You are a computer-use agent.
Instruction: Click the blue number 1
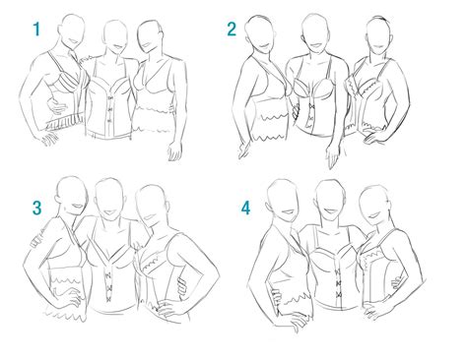click(x=36, y=30)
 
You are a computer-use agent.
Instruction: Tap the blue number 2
click(x=232, y=29)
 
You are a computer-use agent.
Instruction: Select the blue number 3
click(x=36, y=208)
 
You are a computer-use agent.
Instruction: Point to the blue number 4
click(x=245, y=208)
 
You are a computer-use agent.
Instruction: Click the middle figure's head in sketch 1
click(x=115, y=34)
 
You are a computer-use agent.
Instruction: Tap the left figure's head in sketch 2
click(x=259, y=32)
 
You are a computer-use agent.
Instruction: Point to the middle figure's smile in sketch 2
click(x=317, y=45)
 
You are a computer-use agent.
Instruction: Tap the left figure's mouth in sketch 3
click(x=78, y=207)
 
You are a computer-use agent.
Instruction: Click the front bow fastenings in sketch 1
click(x=110, y=109)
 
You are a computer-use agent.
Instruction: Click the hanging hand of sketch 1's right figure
click(x=174, y=150)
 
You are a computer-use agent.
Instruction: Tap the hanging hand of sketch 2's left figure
click(x=243, y=150)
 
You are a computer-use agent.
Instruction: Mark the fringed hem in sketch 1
click(x=65, y=122)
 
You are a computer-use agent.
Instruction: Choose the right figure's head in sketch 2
click(x=378, y=34)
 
